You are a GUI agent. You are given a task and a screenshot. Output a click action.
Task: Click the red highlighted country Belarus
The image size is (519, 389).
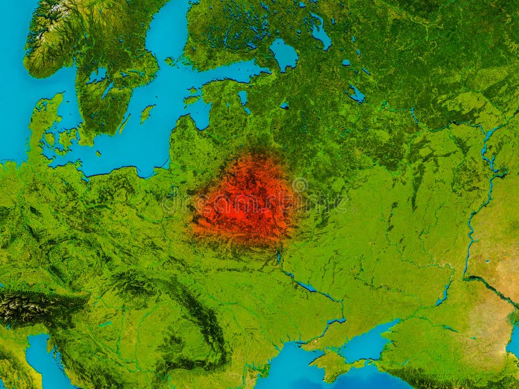click(x=243, y=198)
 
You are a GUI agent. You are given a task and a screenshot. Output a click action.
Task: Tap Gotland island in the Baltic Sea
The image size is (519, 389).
click(x=147, y=113)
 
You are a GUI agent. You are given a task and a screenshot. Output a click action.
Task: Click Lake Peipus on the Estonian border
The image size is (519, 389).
click(x=243, y=98)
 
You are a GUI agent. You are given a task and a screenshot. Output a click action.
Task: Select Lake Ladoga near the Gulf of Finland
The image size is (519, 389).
click(x=284, y=53)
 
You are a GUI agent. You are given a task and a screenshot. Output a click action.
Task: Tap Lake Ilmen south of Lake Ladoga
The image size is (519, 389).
click(x=284, y=104)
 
